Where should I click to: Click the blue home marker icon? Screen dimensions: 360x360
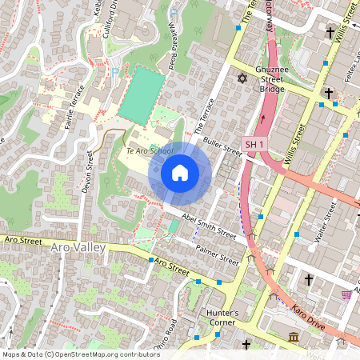pos(179,172)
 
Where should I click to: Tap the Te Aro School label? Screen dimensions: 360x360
pos(149,151)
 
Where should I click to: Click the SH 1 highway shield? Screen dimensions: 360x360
pos(254,144)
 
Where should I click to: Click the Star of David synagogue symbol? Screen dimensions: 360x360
pos(242,78)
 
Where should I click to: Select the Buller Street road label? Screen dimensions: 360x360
pos(222,144)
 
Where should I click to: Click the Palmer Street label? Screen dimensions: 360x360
pos(218,254)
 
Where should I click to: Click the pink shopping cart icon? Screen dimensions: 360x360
pos(346,294)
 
